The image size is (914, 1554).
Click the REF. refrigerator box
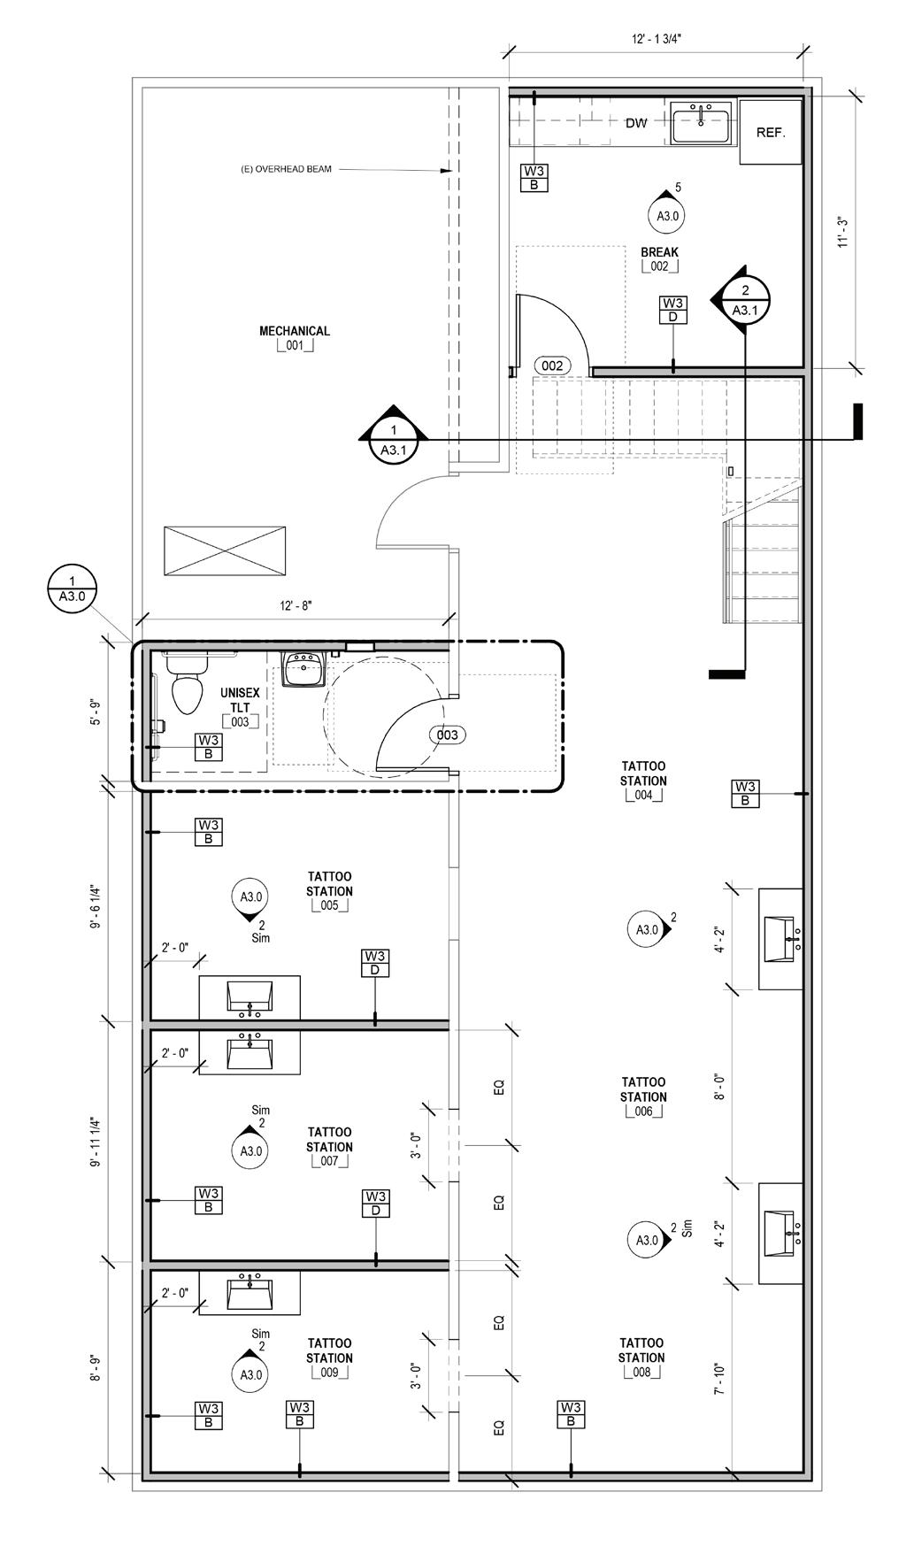(x=771, y=132)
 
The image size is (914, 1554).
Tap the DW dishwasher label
(x=636, y=123)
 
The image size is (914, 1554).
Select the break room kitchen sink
(x=701, y=122)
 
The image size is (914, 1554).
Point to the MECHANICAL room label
(x=295, y=331)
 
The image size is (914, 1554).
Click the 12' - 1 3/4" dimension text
(x=656, y=40)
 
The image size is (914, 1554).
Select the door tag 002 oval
(x=552, y=365)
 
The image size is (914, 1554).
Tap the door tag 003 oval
(x=448, y=735)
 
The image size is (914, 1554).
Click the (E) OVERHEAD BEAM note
(x=287, y=169)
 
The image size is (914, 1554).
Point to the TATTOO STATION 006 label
(x=643, y=1096)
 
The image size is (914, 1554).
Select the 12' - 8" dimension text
(x=296, y=606)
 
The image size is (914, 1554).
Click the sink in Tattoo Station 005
(x=250, y=997)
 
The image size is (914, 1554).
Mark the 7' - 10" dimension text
(x=720, y=1380)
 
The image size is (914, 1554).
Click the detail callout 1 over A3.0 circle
(x=72, y=589)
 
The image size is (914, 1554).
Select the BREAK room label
(x=659, y=258)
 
